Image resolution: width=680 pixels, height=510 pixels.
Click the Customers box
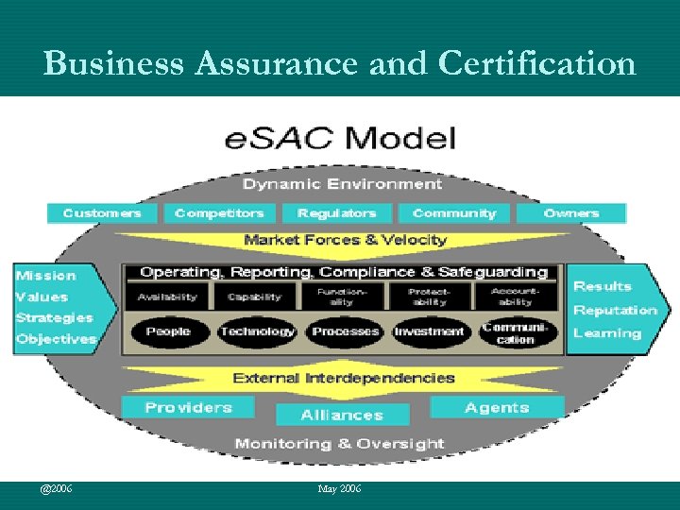pos(102,213)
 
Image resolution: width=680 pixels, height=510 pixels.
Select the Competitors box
pos(219,213)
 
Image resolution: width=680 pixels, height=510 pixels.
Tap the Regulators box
pos(336,213)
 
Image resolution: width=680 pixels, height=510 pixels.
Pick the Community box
pos(453,213)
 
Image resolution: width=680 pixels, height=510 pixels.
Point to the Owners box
pos(570,213)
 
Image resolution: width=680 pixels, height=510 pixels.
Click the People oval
pos(168,331)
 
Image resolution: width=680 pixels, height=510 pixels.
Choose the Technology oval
pos(256,331)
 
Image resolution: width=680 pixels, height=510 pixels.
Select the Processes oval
pos(344,331)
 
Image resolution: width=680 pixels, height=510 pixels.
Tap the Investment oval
pos(430,331)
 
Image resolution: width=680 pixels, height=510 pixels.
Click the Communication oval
pos(516,332)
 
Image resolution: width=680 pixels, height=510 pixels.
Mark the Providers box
pos(188,407)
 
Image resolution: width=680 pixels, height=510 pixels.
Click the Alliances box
pos(342,415)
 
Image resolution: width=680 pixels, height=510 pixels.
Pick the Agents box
pos(497,407)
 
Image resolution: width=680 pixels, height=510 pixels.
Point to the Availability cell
pos(168,297)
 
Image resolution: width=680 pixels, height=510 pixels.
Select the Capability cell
pos(256,297)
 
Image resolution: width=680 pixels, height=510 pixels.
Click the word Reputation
pos(615,310)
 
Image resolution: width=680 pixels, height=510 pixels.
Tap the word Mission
pos(45,276)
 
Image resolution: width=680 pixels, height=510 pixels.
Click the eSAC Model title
pos(340,139)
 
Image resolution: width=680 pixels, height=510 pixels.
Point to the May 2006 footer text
pos(340,488)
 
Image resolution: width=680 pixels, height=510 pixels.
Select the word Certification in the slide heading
pos(536,63)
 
